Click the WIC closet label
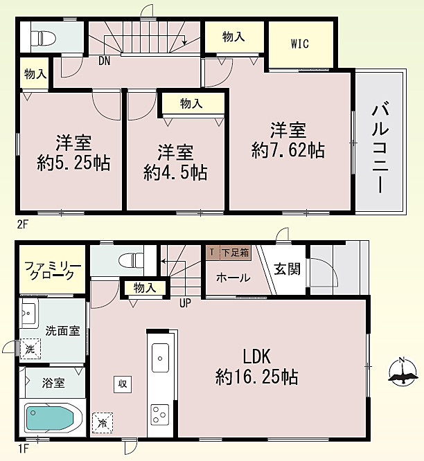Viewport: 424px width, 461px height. [300, 44]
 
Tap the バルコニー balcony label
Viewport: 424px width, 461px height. [380, 147]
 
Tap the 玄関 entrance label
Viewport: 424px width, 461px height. [287, 269]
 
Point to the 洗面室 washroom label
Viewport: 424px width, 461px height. [62, 330]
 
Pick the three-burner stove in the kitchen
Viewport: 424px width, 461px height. [160, 415]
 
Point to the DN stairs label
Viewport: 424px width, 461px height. [104, 61]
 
